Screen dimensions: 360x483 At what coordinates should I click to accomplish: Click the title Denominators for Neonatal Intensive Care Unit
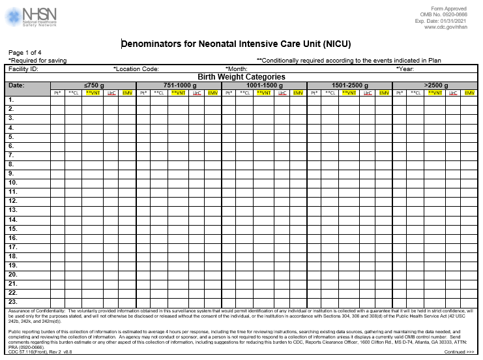pos(241,44)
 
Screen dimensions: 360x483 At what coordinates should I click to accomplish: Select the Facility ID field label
pos(23,68)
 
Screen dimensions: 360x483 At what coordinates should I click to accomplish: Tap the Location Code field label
pos(136,68)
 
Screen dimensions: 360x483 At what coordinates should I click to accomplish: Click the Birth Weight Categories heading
pos(241,77)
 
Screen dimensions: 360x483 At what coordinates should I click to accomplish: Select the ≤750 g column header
pos(93,85)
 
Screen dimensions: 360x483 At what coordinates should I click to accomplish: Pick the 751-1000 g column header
pos(179,85)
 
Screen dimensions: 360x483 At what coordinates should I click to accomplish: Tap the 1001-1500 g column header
pos(264,85)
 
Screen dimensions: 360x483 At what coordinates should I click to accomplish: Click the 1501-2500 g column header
pos(349,85)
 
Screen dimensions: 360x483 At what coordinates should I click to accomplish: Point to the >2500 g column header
pos(435,85)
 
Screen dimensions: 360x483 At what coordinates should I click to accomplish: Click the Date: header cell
pos(17,85)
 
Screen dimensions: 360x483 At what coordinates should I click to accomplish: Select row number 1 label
pos(11,100)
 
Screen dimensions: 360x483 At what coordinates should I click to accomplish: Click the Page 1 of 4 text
pos(25,53)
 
